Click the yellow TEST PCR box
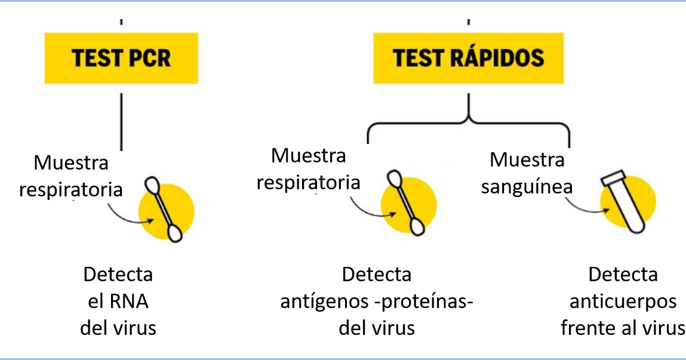click(121, 58)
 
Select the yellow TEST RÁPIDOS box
click(468, 58)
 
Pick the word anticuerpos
click(623, 301)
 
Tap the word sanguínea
click(527, 187)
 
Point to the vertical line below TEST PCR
click(121, 119)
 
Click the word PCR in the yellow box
click(149, 58)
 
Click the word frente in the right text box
click(587, 328)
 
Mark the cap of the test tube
click(612, 178)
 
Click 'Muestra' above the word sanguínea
click(527, 160)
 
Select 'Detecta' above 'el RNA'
click(118, 275)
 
